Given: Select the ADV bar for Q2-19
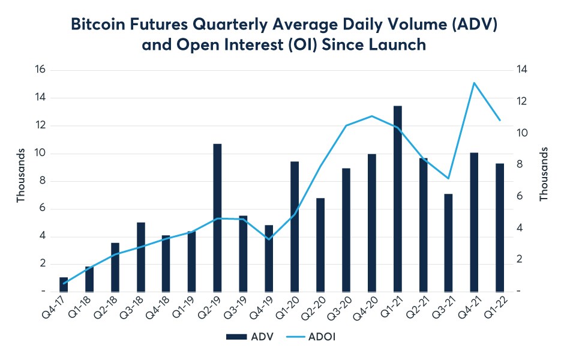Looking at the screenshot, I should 218,217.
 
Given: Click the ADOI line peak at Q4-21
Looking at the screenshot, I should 474,83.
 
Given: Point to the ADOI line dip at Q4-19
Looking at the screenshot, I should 269,239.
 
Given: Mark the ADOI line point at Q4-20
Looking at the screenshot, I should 372,116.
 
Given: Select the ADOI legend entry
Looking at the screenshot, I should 314,337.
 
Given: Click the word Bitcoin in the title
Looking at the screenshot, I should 100,25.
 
